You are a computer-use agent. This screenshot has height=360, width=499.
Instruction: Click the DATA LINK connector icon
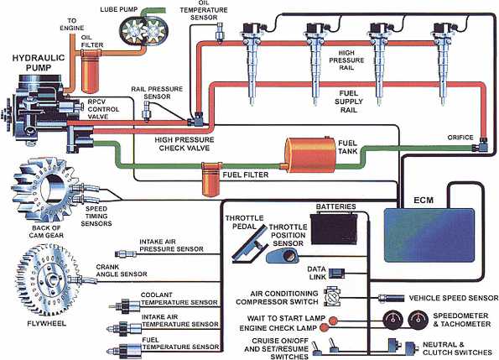(x=335, y=272)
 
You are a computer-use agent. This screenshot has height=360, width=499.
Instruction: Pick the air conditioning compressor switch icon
(x=333, y=297)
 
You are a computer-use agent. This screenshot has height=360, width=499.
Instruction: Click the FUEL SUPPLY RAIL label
(x=344, y=97)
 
